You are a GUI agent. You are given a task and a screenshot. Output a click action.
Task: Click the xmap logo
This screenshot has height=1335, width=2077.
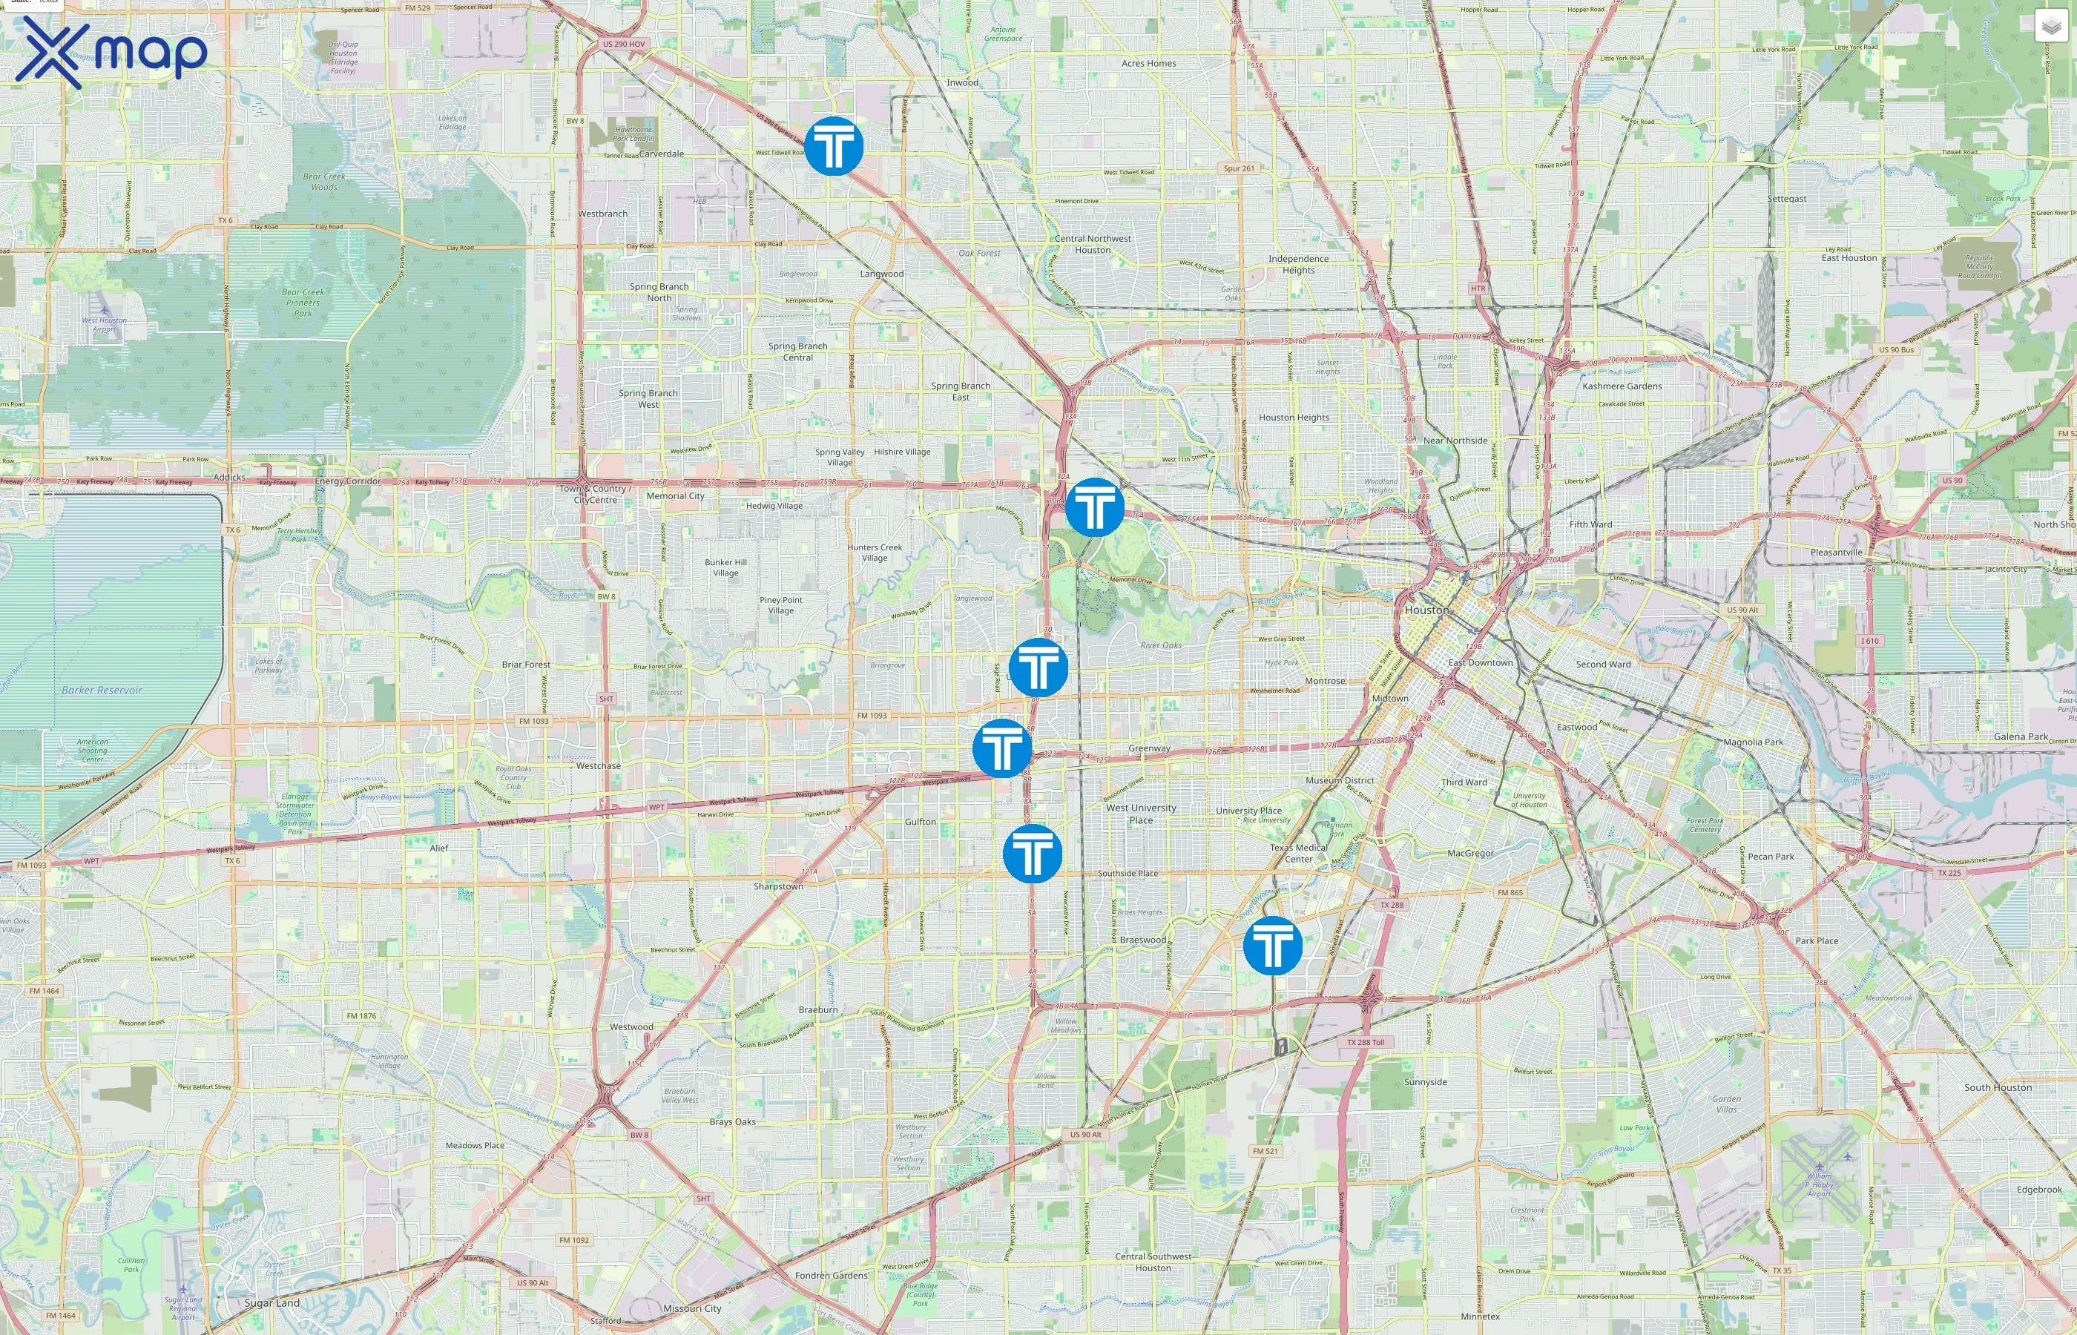(x=111, y=53)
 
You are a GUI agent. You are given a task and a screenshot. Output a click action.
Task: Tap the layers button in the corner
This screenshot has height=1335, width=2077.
(x=2051, y=27)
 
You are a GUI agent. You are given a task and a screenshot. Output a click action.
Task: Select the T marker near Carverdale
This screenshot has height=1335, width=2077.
(x=833, y=145)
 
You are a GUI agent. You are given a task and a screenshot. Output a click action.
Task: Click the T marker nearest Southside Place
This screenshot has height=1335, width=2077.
(x=1032, y=854)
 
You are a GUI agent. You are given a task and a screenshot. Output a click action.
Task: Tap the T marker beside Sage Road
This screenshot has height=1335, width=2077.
(x=1038, y=667)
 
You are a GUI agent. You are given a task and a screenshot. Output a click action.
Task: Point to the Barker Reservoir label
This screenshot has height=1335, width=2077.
(x=102, y=690)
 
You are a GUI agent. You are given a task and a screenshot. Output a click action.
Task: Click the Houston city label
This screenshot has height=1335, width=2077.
(x=1426, y=610)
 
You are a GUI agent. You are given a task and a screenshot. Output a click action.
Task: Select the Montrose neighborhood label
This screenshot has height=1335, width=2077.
(x=1325, y=681)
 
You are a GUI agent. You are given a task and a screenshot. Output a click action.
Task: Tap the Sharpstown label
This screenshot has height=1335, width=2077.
(x=777, y=886)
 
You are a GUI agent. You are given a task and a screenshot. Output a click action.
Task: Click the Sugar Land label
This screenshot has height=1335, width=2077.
(x=271, y=1303)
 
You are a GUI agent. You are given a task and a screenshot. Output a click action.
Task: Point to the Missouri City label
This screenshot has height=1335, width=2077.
(x=692, y=1308)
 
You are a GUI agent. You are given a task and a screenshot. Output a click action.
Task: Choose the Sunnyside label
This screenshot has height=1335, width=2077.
(x=1425, y=1082)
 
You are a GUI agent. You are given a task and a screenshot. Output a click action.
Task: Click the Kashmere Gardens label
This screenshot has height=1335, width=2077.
(x=1621, y=386)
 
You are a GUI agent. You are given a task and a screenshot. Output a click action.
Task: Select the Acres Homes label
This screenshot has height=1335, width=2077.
(x=1148, y=63)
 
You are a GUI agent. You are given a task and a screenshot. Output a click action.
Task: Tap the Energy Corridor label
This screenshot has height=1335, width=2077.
(x=348, y=481)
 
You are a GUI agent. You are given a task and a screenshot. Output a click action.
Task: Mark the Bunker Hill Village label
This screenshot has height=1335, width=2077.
(x=725, y=567)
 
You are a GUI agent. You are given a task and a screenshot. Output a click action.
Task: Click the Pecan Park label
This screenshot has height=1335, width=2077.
(x=1770, y=857)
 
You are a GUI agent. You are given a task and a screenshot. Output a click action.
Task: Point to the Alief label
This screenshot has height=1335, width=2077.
(x=438, y=848)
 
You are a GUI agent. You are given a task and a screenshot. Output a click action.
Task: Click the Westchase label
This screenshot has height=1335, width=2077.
(x=598, y=765)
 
